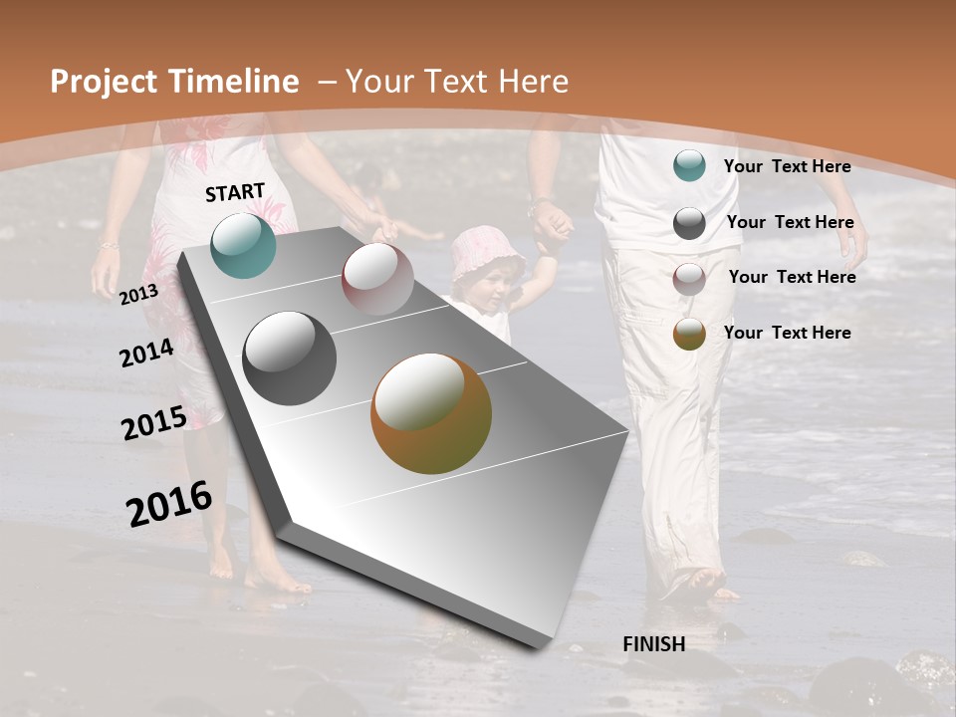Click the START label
coord(235,192)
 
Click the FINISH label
coord(653,644)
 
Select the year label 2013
coord(138,295)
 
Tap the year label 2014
coord(146,353)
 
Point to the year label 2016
coord(169,504)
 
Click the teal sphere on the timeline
coord(243,245)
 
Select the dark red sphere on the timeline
coord(377,279)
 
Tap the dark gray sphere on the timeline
coord(290,358)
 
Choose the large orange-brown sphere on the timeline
coord(431,413)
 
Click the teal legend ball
coord(689,165)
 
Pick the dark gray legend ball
coord(689,223)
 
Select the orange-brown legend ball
coord(689,334)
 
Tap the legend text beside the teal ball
coord(787,166)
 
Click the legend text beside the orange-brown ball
coord(787,333)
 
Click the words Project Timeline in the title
coord(174,82)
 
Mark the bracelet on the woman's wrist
coord(108,244)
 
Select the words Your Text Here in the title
coord(456,82)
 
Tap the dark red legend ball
coord(689,279)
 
